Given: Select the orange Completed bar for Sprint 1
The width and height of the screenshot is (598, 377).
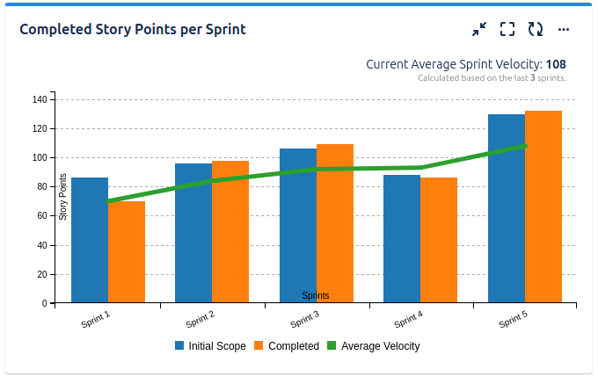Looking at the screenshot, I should click(x=127, y=252).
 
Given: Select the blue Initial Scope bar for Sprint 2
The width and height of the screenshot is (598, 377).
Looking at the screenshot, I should click(x=193, y=233).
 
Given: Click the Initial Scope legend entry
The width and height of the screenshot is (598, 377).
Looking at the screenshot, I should click(x=210, y=346).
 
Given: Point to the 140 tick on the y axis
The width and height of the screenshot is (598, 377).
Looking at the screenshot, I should click(x=40, y=99).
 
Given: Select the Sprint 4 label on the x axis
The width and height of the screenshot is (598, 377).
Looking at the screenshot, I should click(x=408, y=319).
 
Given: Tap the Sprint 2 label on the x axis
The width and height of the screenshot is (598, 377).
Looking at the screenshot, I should click(x=201, y=319).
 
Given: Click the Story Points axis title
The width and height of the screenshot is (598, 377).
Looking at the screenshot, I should click(x=63, y=197).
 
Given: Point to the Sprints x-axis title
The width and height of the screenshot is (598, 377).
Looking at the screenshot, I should click(x=316, y=296).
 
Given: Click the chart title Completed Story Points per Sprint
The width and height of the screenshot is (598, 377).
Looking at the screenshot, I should click(x=133, y=29).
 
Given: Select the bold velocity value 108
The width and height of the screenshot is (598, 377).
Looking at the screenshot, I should click(x=556, y=64).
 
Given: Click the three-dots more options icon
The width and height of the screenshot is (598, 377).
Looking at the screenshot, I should click(x=565, y=29).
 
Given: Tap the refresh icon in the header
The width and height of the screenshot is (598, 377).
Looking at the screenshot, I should click(x=536, y=29).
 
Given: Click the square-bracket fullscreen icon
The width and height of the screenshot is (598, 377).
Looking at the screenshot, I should click(x=507, y=29).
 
